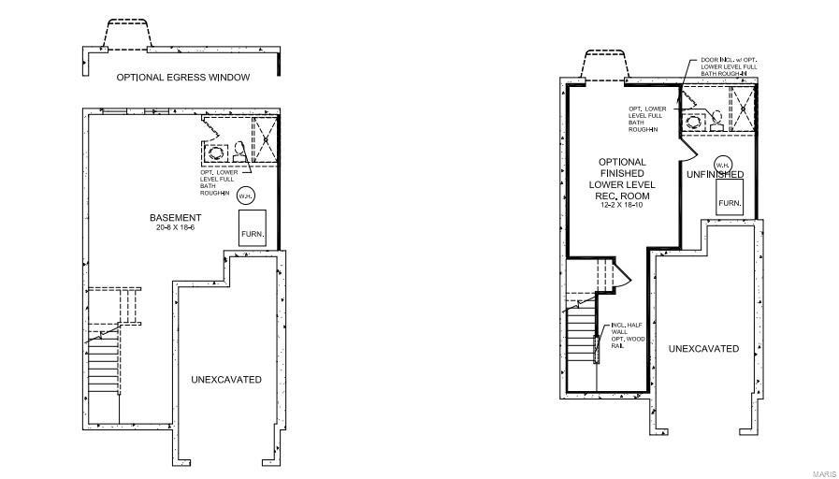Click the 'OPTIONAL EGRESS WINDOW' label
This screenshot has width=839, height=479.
[182, 78]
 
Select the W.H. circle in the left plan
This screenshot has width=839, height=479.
[245, 196]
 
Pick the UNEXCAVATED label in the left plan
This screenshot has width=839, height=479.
[226, 380]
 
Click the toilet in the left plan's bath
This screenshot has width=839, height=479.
[239, 151]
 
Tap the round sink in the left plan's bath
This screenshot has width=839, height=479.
[216, 152]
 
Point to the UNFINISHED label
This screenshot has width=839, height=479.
[715, 175]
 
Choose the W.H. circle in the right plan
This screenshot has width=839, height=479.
[722, 164]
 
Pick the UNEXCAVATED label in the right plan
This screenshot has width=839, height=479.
[703, 349]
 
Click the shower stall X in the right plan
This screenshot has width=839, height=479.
[743, 108]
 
